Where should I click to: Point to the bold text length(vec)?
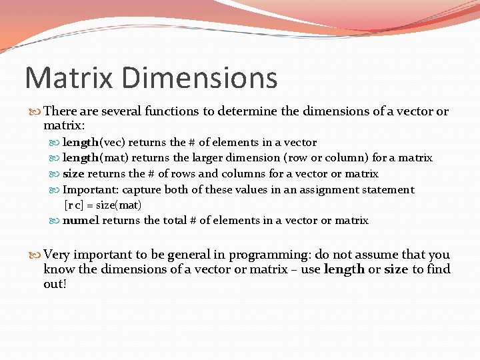[x=94, y=142]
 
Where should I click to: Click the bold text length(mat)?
[x=95, y=158]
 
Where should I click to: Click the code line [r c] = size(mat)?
[x=103, y=205]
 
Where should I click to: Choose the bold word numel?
[x=81, y=221]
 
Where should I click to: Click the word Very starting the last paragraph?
[x=57, y=255]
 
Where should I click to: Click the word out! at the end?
[x=55, y=284]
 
